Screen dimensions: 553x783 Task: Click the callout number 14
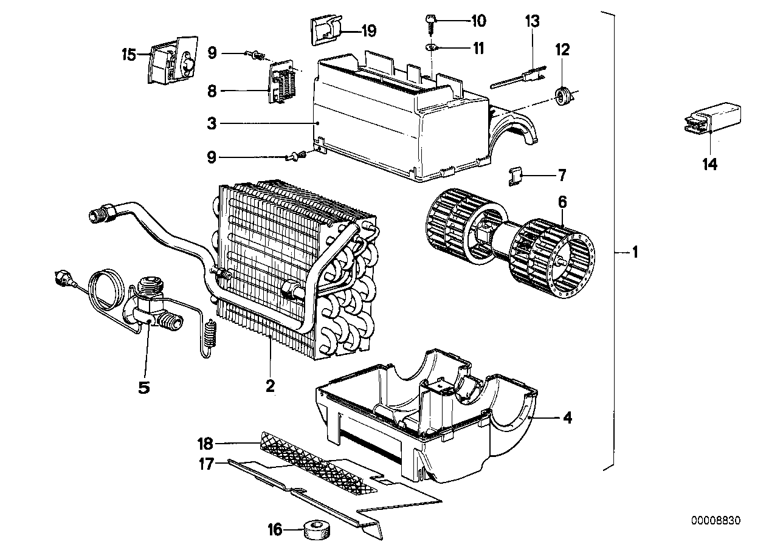(709, 163)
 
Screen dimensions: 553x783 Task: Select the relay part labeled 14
(709, 118)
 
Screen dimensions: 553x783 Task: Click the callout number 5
(143, 386)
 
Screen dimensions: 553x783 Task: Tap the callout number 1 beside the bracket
(634, 252)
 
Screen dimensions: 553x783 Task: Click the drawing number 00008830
(716, 521)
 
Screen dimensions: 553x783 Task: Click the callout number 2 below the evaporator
(270, 385)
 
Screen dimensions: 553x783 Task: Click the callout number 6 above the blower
(563, 201)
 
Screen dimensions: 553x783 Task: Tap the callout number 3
(212, 124)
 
